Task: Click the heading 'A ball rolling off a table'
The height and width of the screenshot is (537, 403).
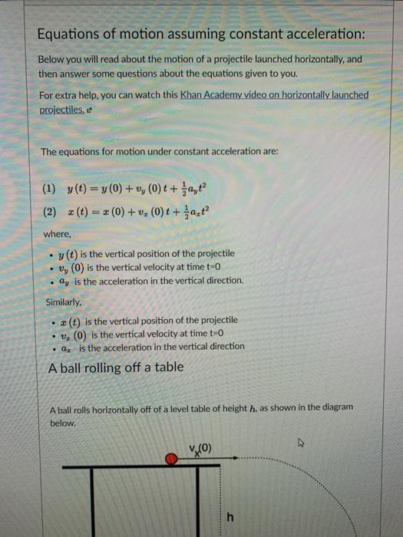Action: tap(115, 367)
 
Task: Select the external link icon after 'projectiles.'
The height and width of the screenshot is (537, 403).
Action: tap(89, 109)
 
